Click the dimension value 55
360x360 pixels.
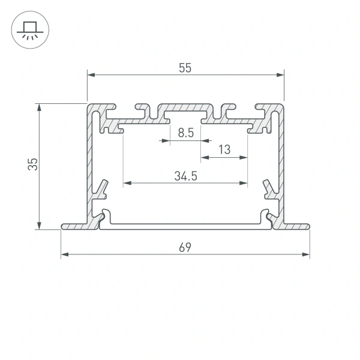click(185, 68)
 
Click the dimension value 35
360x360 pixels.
click(33, 165)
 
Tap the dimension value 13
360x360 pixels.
click(224, 150)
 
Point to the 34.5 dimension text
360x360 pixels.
click(186, 176)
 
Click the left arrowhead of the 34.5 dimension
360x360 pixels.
click(127, 182)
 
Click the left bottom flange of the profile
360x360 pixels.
click(75, 226)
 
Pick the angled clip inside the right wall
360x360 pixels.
click(268, 188)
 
